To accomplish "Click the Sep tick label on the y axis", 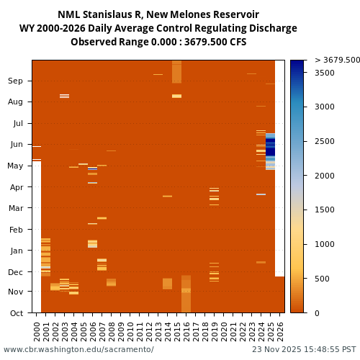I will pyautogui.click(x=15, y=81).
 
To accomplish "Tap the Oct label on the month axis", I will pyautogui.click(x=15, y=313).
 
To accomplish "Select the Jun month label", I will pyautogui.click(x=15, y=145).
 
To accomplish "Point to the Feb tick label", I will pyautogui.click(x=15, y=230).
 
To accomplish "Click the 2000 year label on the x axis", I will pyautogui.click(x=37, y=330).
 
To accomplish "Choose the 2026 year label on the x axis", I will pyautogui.click(x=281, y=330).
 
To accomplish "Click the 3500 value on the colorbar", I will pyautogui.click(x=325, y=73).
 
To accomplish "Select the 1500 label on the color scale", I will pyautogui.click(x=325, y=210).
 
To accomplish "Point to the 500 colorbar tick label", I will pyautogui.click(x=323, y=279).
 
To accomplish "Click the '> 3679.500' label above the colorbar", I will pyautogui.click(x=337, y=60).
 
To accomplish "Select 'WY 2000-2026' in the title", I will pyautogui.click(x=50, y=29).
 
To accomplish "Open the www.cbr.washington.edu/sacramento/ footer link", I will pyautogui.click(x=78, y=349).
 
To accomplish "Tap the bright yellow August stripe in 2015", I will pyautogui.click(x=176, y=96).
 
